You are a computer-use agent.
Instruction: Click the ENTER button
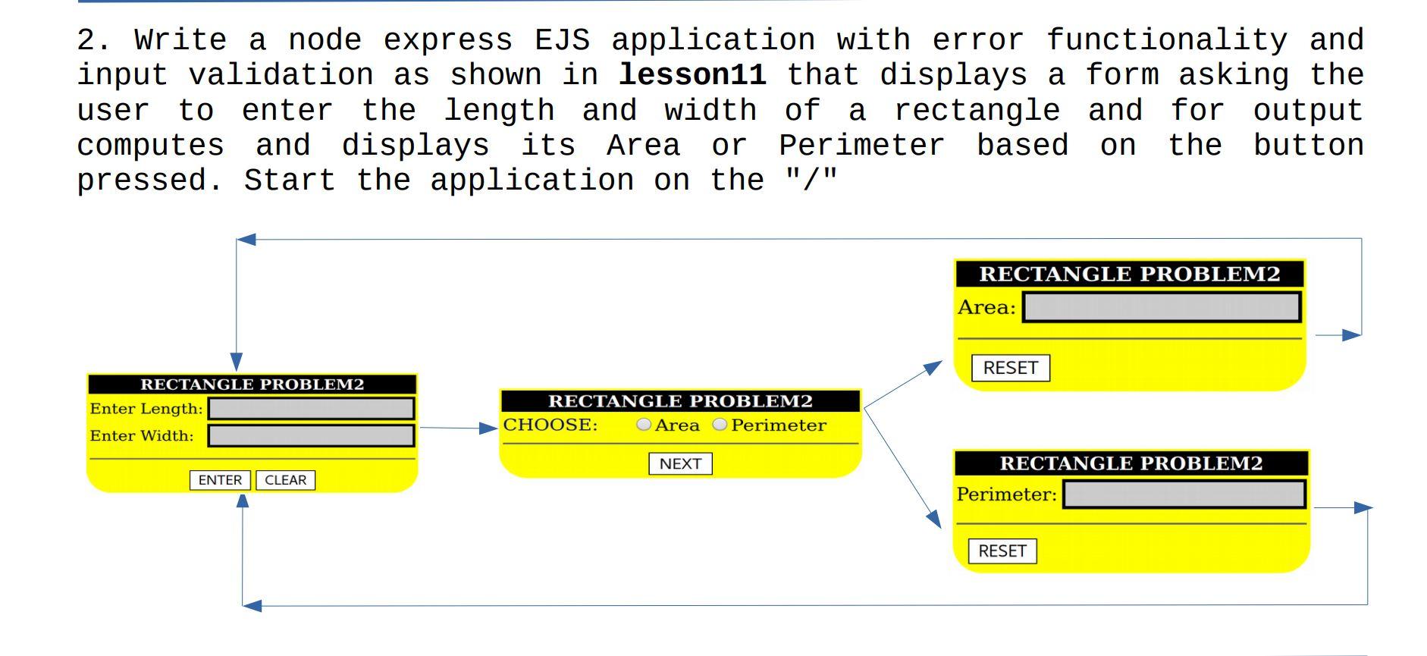[220, 480]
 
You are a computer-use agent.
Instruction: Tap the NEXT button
[680, 463]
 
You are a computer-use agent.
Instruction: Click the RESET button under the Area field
[1010, 368]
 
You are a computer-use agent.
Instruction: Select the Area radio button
[644, 425]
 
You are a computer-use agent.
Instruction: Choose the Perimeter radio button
[720, 425]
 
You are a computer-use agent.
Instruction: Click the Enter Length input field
[311, 409]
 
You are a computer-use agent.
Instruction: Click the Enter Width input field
[311, 435]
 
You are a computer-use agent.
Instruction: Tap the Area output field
[1161, 307]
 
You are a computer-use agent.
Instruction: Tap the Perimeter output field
[1184, 494]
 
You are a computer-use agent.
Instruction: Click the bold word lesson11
[692, 75]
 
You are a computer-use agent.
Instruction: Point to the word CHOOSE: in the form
[550, 425]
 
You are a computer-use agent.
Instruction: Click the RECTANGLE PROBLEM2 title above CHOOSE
[680, 401]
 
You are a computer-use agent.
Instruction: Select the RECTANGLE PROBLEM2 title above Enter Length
[252, 384]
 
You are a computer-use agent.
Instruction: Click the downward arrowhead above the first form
[237, 361]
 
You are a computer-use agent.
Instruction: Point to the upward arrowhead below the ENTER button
[243, 501]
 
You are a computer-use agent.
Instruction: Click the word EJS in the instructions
[562, 40]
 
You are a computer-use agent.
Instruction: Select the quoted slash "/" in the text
[811, 180]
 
